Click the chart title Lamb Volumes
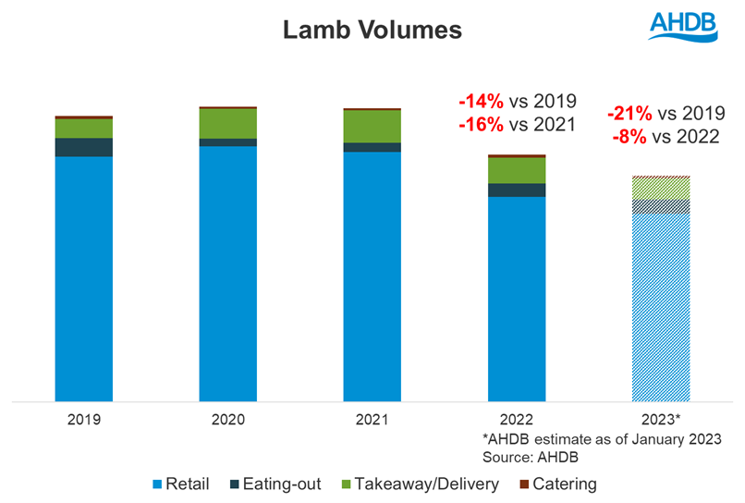click(372, 31)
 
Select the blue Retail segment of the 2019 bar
click(83, 277)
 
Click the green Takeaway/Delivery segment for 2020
click(227, 123)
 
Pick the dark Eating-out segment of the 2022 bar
click(516, 190)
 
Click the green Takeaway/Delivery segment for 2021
click(372, 126)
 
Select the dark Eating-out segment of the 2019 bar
click(83, 147)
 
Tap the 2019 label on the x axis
click(83, 419)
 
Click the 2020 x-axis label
click(227, 419)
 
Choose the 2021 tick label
click(372, 419)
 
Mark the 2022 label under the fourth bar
click(516, 419)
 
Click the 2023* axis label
click(660, 419)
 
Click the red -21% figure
click(629, 114)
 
